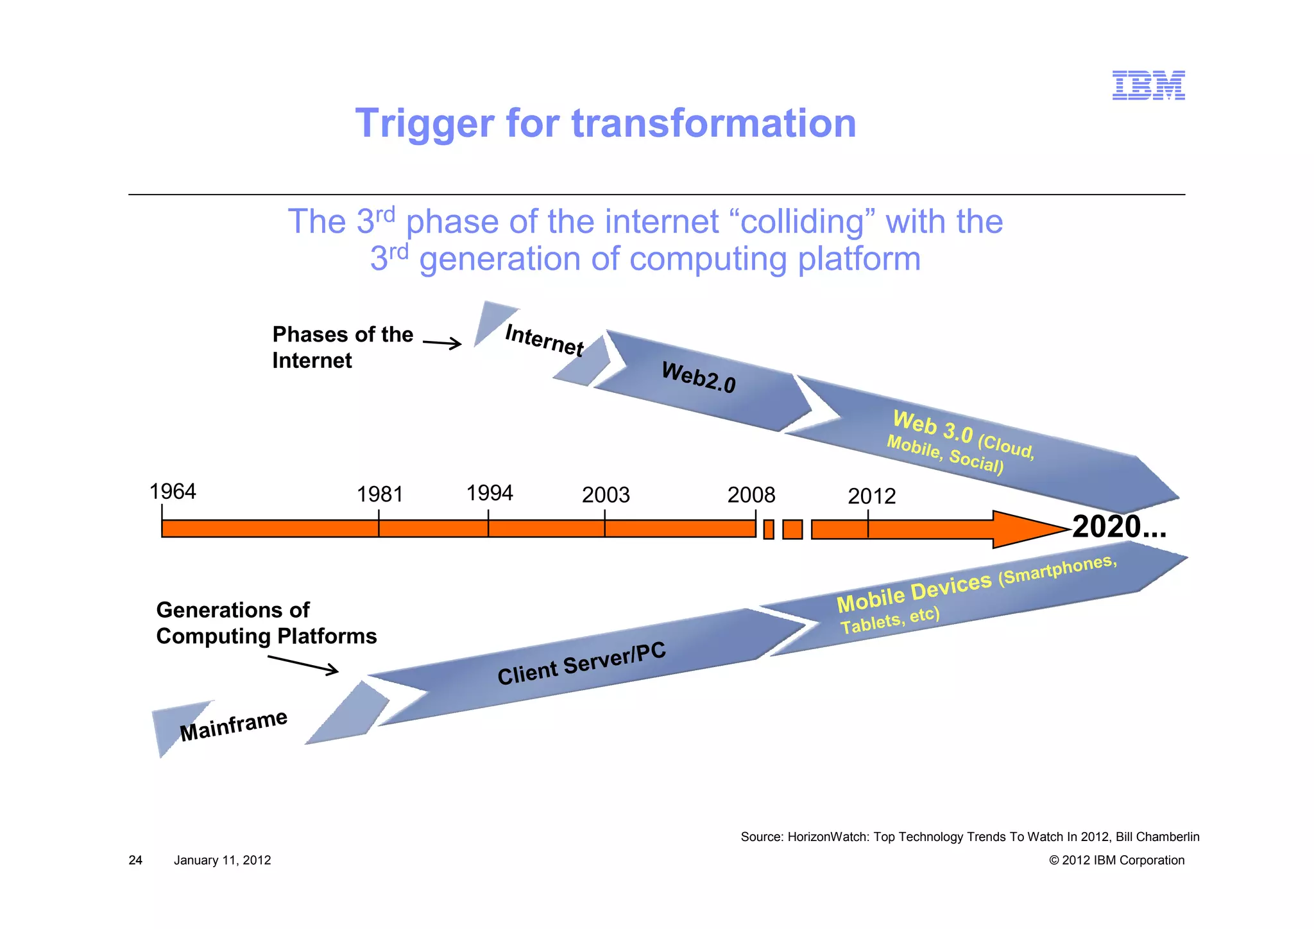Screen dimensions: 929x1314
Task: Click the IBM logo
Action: (1148, 85)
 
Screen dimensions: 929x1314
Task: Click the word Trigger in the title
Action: (424, 123)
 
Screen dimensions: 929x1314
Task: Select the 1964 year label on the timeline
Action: (173, 492)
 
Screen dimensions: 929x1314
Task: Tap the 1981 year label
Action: (380, 495)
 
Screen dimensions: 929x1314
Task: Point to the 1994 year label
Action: (490, 493)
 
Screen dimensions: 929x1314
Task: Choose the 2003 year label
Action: (606, 495)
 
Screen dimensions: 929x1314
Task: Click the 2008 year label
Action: (751, 495)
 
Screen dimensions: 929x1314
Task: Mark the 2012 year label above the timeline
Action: (871, 496)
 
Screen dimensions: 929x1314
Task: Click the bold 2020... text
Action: (1119, 527)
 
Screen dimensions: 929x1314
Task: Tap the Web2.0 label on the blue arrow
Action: (699, 377)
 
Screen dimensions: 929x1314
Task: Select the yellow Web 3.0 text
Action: (933, 427)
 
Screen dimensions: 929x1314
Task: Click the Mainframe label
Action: (234, 725)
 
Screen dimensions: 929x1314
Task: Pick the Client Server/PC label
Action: (581, 664)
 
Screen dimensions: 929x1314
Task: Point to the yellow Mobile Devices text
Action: (914, 593)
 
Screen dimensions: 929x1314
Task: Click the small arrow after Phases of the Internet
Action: (442, 343)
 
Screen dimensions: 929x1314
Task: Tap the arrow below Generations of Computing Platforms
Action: (303, 664)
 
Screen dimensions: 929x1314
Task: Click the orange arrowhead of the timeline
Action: (1027, 530)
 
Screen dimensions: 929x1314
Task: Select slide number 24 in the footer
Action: (135, 860)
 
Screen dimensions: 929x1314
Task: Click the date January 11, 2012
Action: (222, 860)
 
